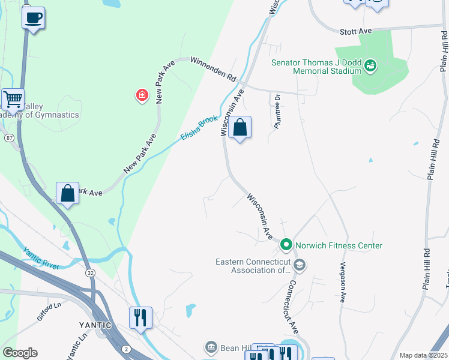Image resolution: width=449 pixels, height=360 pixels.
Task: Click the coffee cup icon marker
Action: click(34, 17)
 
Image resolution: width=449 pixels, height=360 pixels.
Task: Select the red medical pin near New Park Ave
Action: click(142, 95)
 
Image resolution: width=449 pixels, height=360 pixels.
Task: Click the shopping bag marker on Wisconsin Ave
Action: click(240, 128)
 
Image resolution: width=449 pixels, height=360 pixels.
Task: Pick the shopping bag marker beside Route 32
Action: click(68, 194)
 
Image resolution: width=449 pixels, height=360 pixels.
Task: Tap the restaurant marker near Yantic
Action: click(140, 318)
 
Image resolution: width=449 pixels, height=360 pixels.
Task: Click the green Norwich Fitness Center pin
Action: click(286, 245)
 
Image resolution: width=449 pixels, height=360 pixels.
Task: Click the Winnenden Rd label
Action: click(214, 69)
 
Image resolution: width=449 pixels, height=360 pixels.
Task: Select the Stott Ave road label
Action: click(356, 30)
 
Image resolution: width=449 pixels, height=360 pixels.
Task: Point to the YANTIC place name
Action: click(95, 325)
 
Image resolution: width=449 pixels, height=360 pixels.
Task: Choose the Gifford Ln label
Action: click(49, 312)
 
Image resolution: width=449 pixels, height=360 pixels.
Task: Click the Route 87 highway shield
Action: click(10, 138)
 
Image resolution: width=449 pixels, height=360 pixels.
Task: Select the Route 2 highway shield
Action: click(126, 349)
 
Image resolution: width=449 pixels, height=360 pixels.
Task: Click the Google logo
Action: click(20, 353)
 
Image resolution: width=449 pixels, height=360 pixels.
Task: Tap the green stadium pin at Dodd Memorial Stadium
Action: click(370, 65)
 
